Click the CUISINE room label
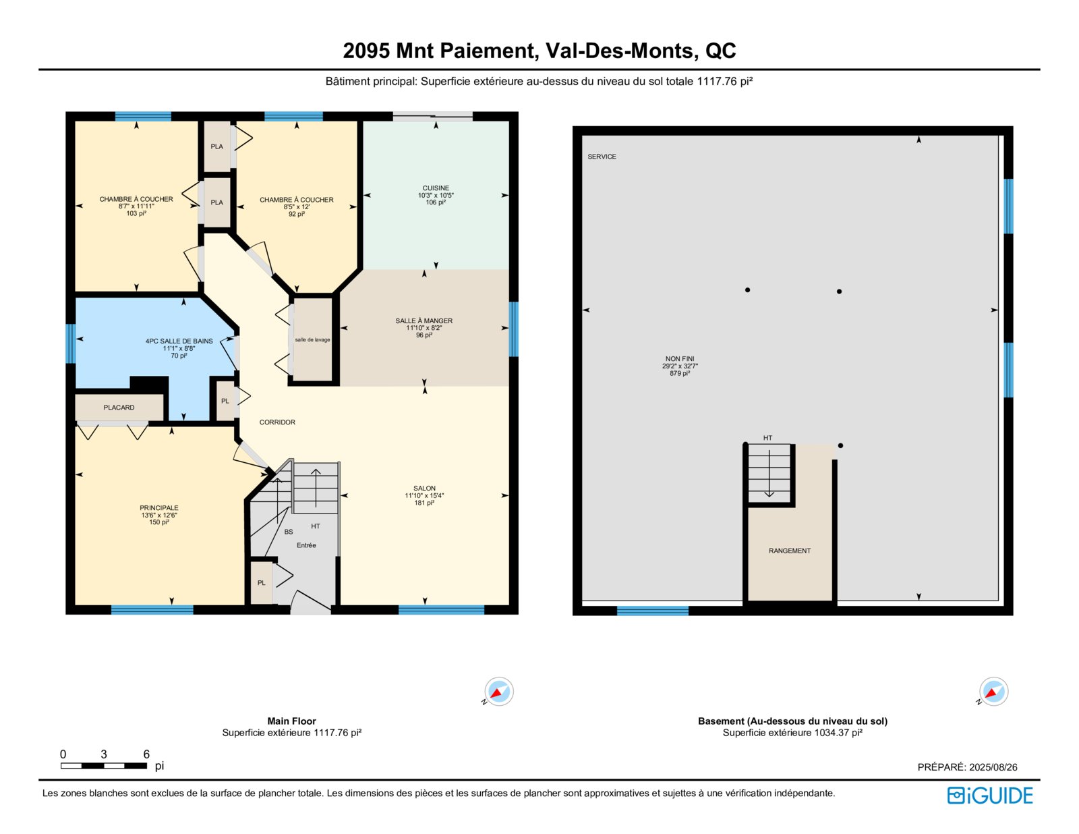pyautogui.click(x=436, y=188)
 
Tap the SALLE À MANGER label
pyautogui.click(x=424, y=321)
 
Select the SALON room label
pyautogui.click(x=424, y=489)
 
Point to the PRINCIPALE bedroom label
pyautogui.click(x=159, y=507)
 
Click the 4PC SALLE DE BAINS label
pyautogui.click(x=179, y=341)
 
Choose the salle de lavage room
pyautogui.click(x=312, y=340)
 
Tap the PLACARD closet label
pyautogui.click(x=119, y=408)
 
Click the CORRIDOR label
pyautogui.click(x=277, y=422)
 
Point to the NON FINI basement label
pyautogui.click(x=680, y=359)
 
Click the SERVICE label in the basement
pyautogui.click(x=602, y=157)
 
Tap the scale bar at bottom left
pyautogui.click(x=104, y=765)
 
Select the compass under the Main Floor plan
pyautogui.click(x=498, y=692)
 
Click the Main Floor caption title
pyautogui.click(x=291, y=721)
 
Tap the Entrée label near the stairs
pyautogui.click(x=306, y=545)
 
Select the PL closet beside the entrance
pyautogui.click(x=262, y=583)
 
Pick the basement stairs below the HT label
pyautogui.click(x=769, y=474)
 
